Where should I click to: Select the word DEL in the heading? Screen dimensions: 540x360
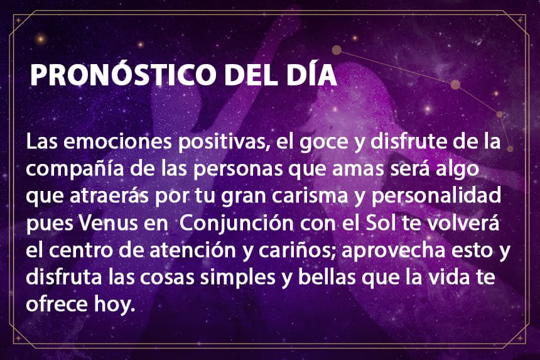click(x=251, y=74)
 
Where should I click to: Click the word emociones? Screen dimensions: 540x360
click(x=117, y=141)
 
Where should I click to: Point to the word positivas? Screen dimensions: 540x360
click(x=224, y=143)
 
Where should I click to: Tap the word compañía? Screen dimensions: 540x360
click(x=75, y=169)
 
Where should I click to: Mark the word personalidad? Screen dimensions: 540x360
click(x=436, y=197)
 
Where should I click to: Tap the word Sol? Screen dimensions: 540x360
click(x=379, y=222)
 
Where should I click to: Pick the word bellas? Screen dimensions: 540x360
click(x=327, y=277)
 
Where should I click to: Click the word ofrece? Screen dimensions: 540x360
click(x=57, y=304)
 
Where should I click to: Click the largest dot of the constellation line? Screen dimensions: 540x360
click(x=455, y=84)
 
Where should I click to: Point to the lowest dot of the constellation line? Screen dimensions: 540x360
click(x=510, y=149)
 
